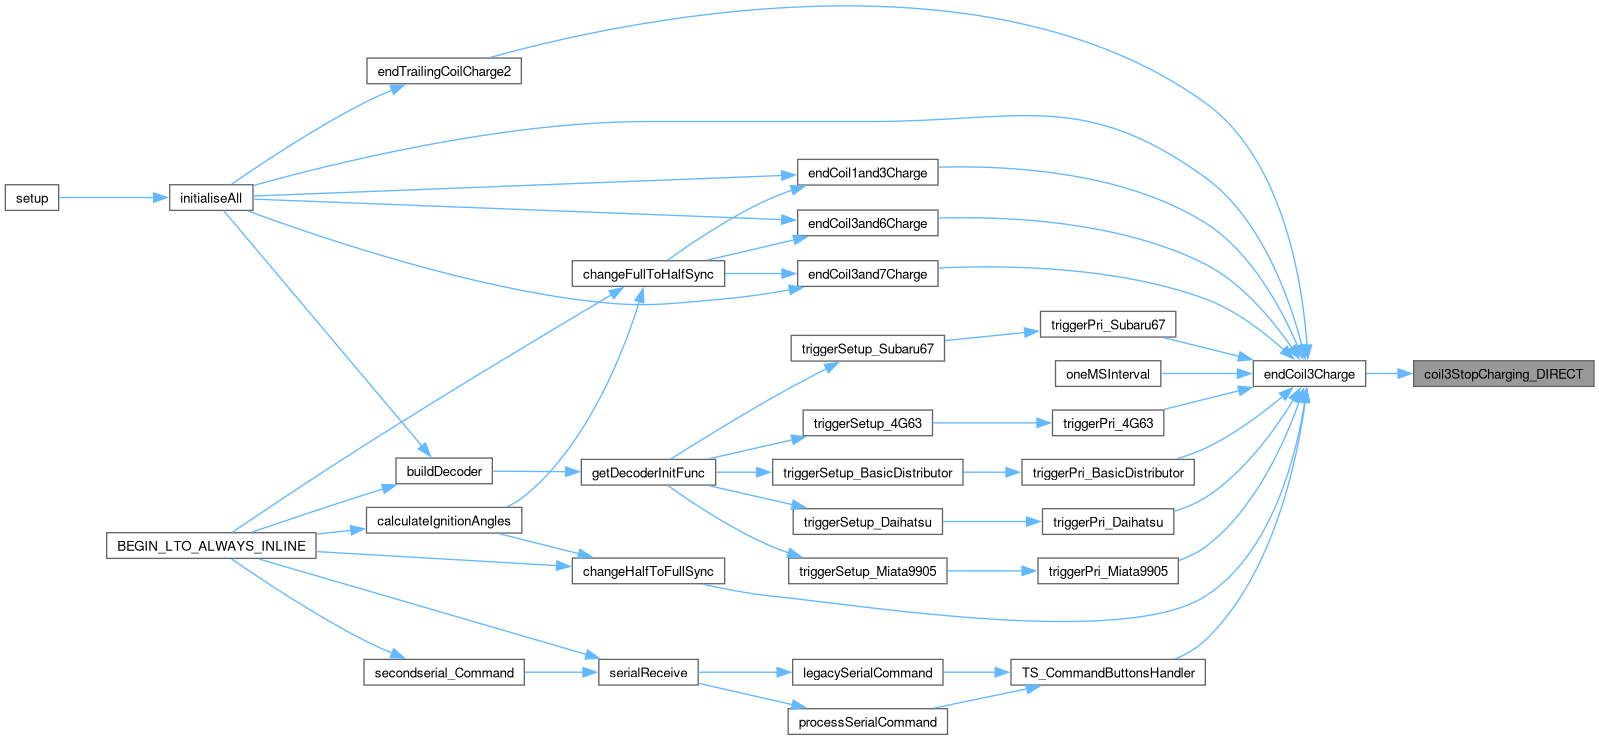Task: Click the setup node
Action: click(32, 198)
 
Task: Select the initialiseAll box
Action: click(211, 198)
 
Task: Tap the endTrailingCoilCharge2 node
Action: click(444, 72)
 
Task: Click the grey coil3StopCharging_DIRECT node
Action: click(1503, 374)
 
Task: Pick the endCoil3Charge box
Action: click(1309, 374)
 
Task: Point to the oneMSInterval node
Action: click(1108, 374)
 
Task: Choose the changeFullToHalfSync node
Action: click(648, 274)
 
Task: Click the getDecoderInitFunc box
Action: click(648, 473)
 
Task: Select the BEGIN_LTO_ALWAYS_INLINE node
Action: click(211, 546)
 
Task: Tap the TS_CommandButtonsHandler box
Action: click(1108, 673)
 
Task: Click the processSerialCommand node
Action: click(867, 722)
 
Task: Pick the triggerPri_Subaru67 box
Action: click(1108, 325)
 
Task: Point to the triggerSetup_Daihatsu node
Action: click(867, 522)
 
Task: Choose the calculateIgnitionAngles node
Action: click(444, 521)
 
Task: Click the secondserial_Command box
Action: click(444, 673)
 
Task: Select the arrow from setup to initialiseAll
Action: click(113, 198)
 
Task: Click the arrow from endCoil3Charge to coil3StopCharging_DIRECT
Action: click(1388, 374)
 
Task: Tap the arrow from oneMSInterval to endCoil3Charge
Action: click(1207, 374)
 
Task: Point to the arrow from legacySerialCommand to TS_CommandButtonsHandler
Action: click(976, 673)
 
